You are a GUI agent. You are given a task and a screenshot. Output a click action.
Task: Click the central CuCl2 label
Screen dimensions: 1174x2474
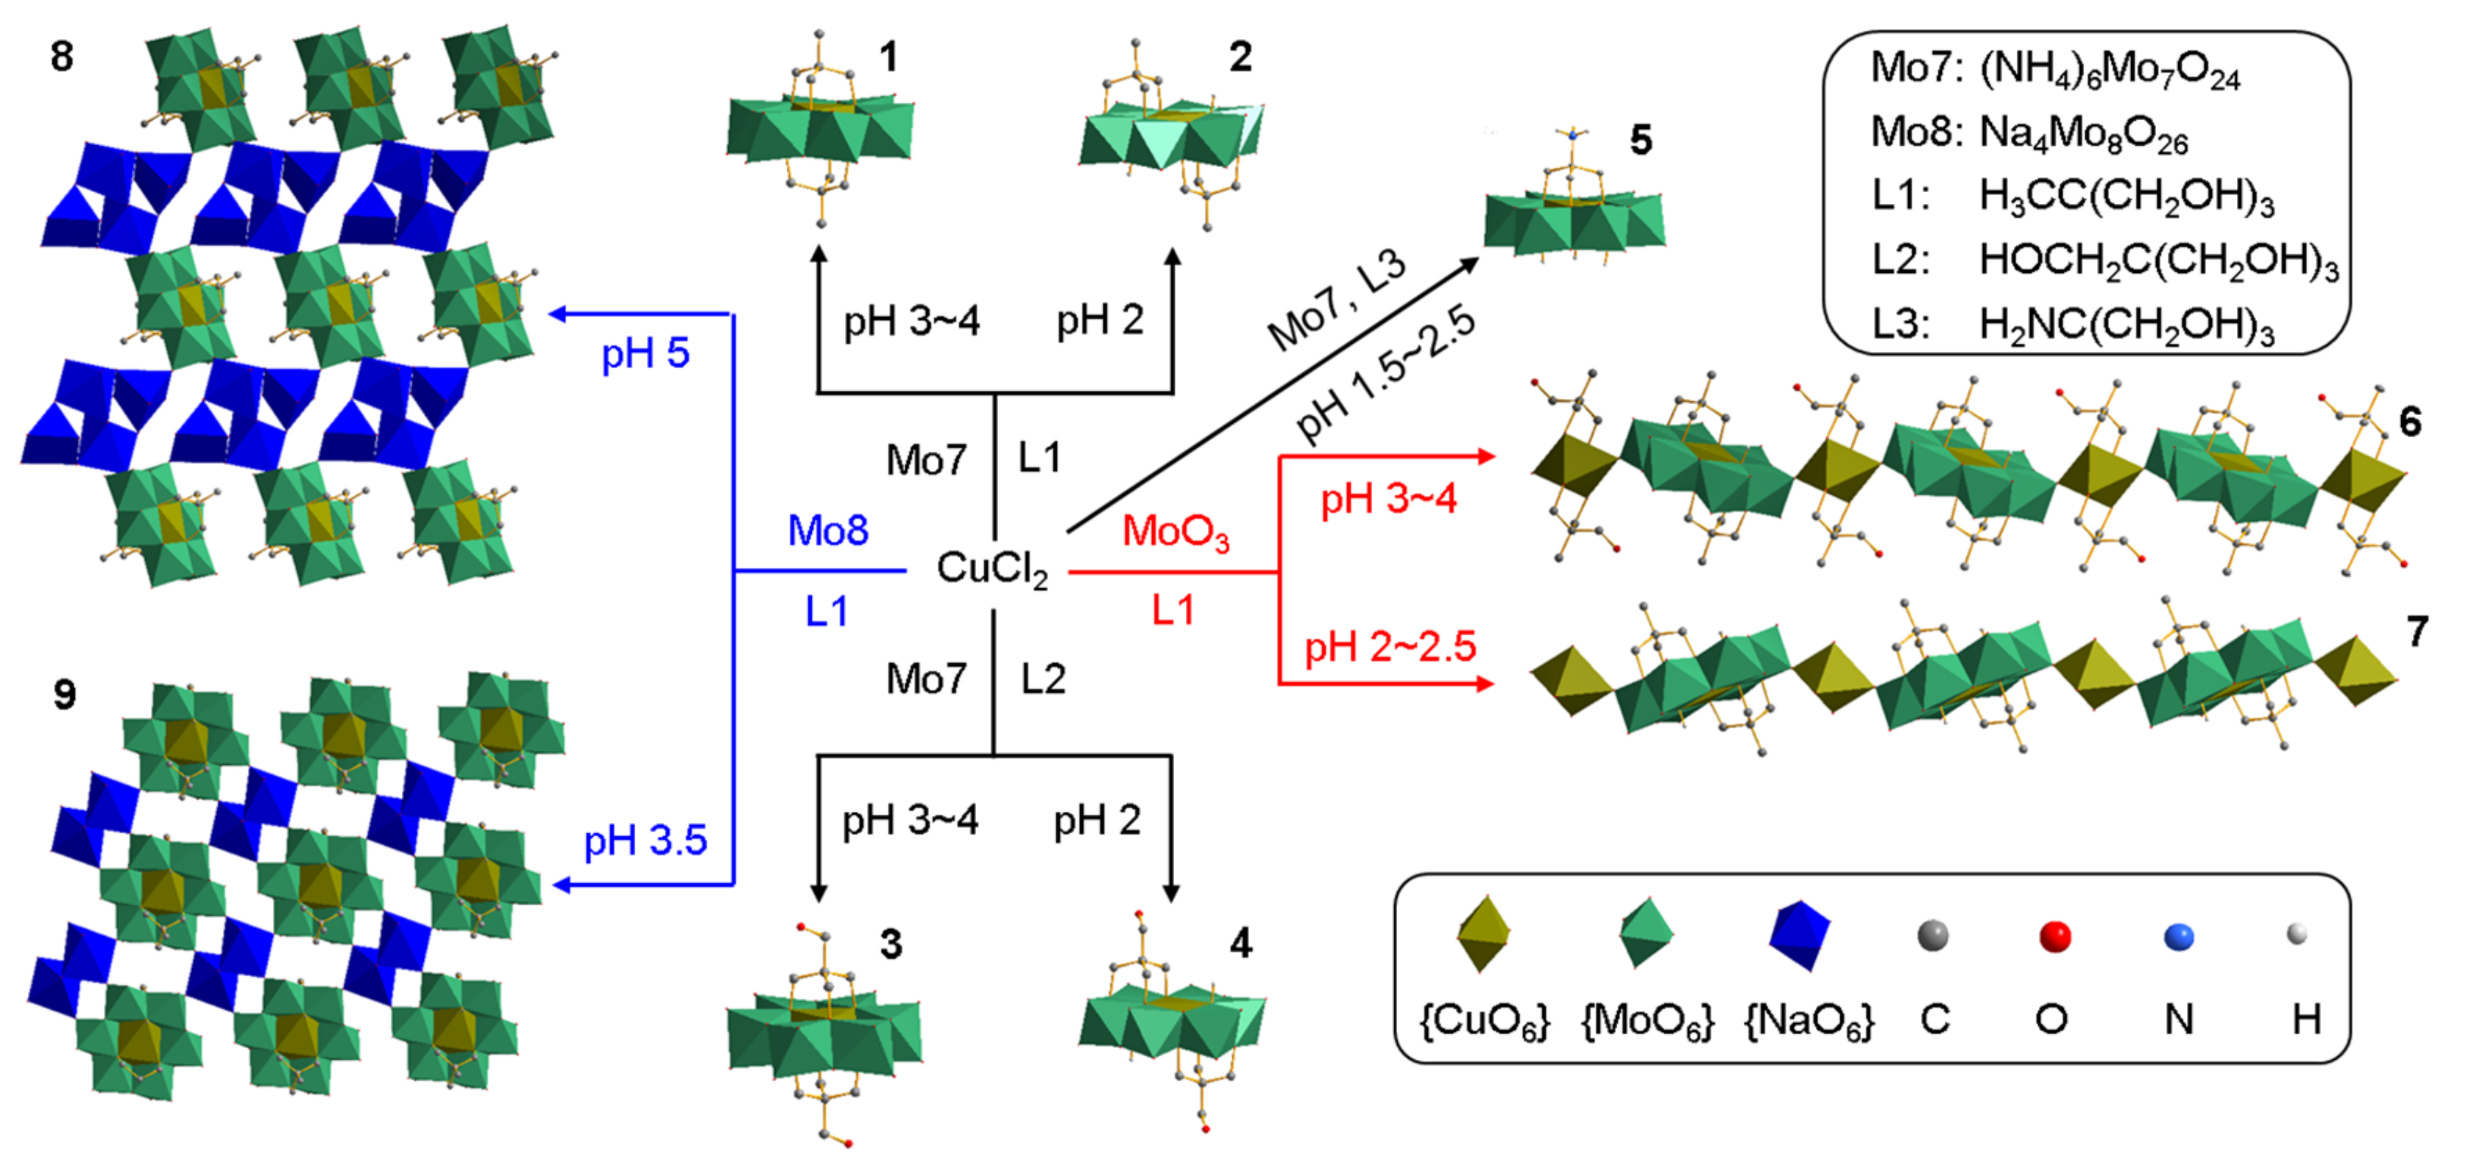click(x=992, y=569)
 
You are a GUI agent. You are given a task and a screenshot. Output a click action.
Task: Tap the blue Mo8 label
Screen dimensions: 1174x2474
click(x=828, y=530)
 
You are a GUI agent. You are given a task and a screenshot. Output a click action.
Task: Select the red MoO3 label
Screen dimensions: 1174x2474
click(x=1176, y=531)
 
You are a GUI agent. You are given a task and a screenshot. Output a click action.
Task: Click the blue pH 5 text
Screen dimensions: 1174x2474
click(x=646, y=353)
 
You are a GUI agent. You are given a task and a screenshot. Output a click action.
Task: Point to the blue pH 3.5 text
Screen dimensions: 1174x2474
click(x=646, y=841)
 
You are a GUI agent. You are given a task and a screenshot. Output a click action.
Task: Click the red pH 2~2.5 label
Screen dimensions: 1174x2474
click(x=1389, y=646)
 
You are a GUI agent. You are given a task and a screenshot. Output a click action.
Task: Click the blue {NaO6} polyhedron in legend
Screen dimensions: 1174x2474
click(x=1799, y=935)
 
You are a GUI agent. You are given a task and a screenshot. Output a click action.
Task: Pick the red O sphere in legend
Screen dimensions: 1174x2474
click(x=2054, y=936)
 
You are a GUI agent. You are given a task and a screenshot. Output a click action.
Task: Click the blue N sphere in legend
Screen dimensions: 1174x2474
click(x=2178, y=937)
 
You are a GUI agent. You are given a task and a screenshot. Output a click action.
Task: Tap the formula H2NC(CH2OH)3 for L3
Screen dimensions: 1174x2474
click(x=2127, y=325)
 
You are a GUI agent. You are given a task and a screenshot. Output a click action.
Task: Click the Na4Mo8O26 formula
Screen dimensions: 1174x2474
click(x=2084, y=132)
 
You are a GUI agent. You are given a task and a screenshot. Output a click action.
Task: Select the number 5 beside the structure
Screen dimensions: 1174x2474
click(x=1640, y=141)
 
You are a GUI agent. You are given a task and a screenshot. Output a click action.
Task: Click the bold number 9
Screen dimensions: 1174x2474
click(x=64, y=693)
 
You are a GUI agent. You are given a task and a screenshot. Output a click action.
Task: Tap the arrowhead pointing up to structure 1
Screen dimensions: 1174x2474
click(x=819, y=254)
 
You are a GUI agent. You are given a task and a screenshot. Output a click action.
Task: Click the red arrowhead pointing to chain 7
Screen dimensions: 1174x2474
click(x=1485, y=683)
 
